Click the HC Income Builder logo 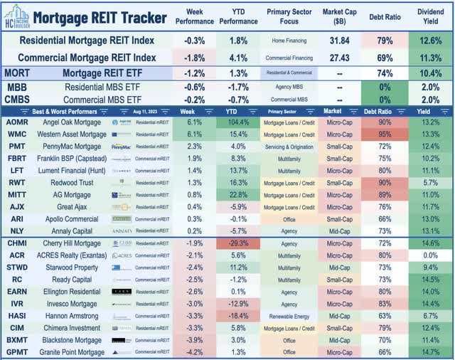pyautogui.click(x=16, y=16)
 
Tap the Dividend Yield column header pyautogui.click(x=431, y=17)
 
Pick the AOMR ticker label pyautogui.click(x=17, y=122)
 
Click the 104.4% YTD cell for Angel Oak pyautogui.click(x=240, y=122)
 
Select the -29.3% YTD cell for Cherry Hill pyautogui.click(x=240, y=243)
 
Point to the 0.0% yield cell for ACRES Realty pyautogui.click(x=431, y=255)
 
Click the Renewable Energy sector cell pyautogui.click(x=289, y=316)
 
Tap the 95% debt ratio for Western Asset pyautogui.click(x=385, y=134)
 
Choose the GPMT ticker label pyautogui.click(x=17, y=352)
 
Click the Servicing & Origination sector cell pyautogui.click(x=289, y=146)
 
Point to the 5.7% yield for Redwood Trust pyautogui.click(x=431, y=182)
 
